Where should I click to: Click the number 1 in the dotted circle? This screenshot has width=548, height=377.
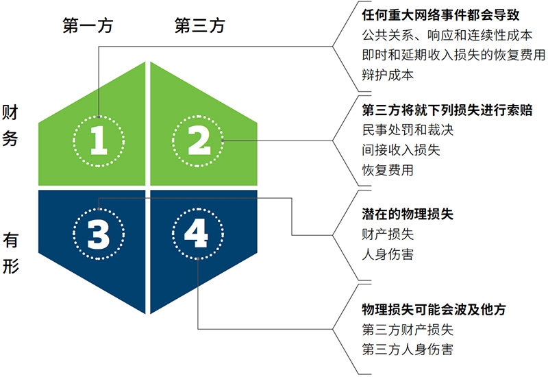[99, 141]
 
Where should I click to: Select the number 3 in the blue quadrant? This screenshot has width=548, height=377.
[99, 234]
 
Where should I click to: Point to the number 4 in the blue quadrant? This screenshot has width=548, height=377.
[197, 233]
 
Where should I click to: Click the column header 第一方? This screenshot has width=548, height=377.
[88, 26]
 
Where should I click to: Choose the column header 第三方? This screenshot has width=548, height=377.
[199, 26]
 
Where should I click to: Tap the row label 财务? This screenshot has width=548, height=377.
[10, 125]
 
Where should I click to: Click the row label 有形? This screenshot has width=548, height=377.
[10, 253]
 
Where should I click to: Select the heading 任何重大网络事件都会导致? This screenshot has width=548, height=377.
[440, 15]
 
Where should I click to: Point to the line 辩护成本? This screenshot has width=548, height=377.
[388, 75]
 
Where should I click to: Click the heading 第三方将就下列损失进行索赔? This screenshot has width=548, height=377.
[447, 110]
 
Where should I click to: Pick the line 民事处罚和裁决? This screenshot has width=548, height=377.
[408, 130]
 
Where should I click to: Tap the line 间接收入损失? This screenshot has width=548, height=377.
[401, 150]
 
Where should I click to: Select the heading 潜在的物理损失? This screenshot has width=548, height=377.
[408, 214]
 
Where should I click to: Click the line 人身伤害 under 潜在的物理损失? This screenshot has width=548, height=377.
[388, 254]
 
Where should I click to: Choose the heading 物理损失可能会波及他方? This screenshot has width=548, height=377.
[434, 310]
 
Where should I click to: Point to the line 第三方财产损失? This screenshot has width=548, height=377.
[408, 330]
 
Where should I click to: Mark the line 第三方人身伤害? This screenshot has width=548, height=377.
[408, 350]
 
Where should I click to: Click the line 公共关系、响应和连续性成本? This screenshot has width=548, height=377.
[447, 35]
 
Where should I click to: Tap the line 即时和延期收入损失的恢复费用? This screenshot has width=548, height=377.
[453, 55]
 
